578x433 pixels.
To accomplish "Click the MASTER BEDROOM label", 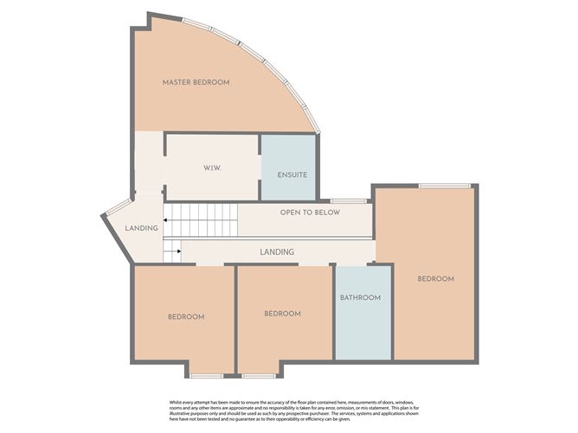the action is pyautogui.click(x=196, y=82).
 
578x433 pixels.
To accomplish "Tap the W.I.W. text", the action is pyautogui.click(x=212, y=169).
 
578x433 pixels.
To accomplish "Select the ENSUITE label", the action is pyautogui.click(x=292, y=175).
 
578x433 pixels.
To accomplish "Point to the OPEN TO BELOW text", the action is pyautogui.click(x=310, y=213).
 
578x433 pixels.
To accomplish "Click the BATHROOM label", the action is pyautogui.click(x=360, y=297).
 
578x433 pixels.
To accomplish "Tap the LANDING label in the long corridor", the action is pyautogui.click(x=277, y=252).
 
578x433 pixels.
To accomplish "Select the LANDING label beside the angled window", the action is pyautogui.click(x=142, y=228).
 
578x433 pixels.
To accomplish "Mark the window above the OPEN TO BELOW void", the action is pyautogui.click(x=348, y=201).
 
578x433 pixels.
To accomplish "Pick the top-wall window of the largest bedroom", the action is pyautogui.click(x=445, y=186).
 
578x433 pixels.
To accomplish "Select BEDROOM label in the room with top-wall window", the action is pyautogui.click(x=436, y=279).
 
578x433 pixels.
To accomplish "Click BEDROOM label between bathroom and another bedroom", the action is pyautogui.click(x=282, y=314).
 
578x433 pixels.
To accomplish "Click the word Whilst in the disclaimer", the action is pyautogui.click(x=175, y=403).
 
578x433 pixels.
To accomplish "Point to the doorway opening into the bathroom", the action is pyautogui.click(x=351, y=264).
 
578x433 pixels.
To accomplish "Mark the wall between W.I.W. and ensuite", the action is pyautogui.click(x=260, y=168).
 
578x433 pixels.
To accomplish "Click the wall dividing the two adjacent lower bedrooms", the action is pyautogui.click(x=236, y=320).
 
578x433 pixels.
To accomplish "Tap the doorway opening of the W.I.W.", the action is pyautogui.click(x=165, y=171).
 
